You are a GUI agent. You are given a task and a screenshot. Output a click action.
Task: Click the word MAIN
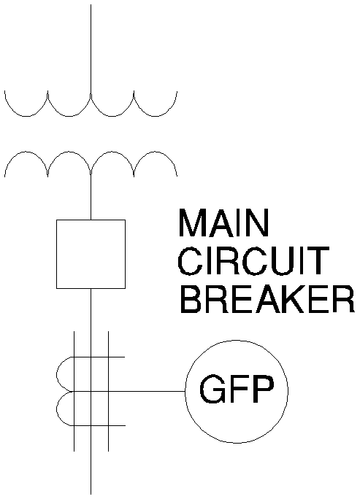pos(223,223)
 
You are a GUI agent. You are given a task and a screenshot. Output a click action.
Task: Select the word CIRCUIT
pos(253,261)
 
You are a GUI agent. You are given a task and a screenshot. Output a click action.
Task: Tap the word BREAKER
pos(267,299)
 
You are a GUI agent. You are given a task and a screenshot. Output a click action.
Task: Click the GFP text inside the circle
pos(237,390)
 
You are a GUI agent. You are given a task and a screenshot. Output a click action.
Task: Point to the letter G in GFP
pos(212,390)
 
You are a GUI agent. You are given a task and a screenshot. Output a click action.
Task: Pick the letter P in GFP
pos(263,390)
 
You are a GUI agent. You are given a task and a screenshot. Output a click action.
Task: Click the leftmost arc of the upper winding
pos(26,116)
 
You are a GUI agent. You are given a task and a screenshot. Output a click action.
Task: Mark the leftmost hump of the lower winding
pos(26,152)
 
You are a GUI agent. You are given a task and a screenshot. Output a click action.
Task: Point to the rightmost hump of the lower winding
pos(156,152)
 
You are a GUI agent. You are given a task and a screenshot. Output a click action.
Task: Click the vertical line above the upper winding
pos(91,50)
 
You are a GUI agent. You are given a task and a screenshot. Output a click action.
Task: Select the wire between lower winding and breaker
pos(91,197)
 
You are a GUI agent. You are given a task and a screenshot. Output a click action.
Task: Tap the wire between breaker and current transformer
pos(91,322)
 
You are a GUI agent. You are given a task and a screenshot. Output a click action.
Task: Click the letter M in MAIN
pos(192,223)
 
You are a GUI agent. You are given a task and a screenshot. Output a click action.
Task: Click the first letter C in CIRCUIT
pos(190,261)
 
